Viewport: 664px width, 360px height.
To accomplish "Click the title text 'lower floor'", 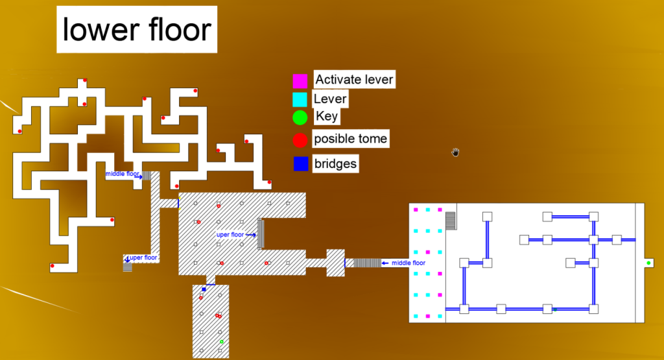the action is point(137,30).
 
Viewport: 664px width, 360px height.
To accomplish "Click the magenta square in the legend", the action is point(300,81).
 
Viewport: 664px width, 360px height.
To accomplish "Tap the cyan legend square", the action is point(300,100).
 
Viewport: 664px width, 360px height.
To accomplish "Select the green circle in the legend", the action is point(300,118).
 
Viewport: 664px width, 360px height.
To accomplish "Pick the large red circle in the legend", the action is point(300,139).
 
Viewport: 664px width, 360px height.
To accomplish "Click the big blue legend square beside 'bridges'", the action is point(300,164).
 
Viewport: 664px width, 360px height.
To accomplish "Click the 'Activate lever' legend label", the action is point(354,80).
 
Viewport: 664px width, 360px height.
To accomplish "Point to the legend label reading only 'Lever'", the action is point(330,99).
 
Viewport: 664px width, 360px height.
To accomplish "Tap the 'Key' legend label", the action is point(327,117).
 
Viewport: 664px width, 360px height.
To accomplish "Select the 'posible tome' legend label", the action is point(350,139).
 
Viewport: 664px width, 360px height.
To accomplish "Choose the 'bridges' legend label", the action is point(335,163).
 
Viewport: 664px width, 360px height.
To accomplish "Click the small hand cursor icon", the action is point(456,152).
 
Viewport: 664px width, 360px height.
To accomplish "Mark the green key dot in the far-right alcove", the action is point(648,263).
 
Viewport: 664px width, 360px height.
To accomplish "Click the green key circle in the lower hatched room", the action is point(222,341).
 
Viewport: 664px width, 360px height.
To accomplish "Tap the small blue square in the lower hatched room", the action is point(204,289).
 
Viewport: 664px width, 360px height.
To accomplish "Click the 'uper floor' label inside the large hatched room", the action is point(230,235).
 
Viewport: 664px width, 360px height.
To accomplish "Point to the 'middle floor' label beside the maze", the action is point(123,174).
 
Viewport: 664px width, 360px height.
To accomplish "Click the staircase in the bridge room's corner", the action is point(451,221).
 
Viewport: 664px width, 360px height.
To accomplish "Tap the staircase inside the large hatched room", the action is point(261,234).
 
